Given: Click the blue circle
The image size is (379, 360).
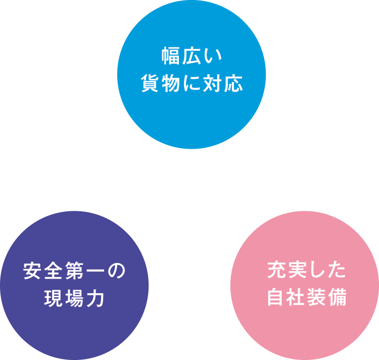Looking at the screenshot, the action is [x=192, y=74].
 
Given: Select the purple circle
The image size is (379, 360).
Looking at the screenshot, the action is [x=74, y=286].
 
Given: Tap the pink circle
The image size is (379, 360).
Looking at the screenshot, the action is [x=305, y=286].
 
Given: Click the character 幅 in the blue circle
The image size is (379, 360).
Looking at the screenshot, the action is [x=170, y=56].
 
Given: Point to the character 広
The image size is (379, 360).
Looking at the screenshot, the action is [x=191, y=56].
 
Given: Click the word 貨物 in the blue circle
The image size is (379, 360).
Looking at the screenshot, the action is [x=161, y=83].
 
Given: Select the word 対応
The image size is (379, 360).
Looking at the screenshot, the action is [x=223, y=83].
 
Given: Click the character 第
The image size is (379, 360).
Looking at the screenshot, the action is [x=74, y=271].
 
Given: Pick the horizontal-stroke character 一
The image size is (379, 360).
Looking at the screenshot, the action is [x=95, y=271].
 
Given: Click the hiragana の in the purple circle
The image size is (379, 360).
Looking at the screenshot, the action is [x=116, y=271].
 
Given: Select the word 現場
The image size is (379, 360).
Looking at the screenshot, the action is [x=64, y=298].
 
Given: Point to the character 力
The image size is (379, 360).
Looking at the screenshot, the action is [x=95, y=298].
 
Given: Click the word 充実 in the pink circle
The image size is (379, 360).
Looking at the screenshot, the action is [x=286, y=270].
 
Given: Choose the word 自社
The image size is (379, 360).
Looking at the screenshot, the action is [x=286, y=297].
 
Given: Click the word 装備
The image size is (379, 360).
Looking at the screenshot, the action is [x=327, y=297].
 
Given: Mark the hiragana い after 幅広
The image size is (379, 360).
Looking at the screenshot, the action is [x=212, y=57].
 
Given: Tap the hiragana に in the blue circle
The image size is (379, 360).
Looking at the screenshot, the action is [x=192, y=83].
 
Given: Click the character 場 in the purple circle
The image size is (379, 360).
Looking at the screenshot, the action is [x=74, y=298].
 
